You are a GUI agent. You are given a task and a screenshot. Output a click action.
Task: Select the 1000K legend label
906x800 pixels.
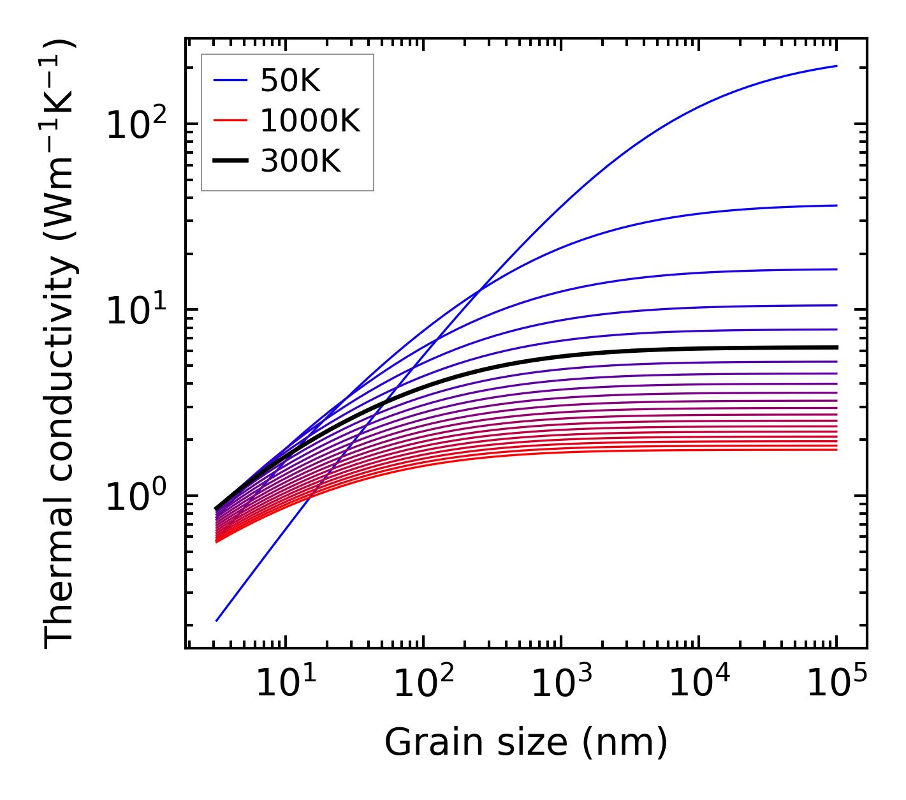tap(310, 121)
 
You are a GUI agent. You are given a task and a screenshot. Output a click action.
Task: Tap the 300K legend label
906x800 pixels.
tap(300, 161)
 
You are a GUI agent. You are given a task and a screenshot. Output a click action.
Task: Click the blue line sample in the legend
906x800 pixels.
tap(230, 80)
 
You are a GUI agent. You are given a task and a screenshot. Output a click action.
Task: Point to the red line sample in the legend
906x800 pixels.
tap(230, 121)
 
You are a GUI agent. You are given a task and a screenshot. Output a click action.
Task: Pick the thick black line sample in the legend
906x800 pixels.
tap(230, 161)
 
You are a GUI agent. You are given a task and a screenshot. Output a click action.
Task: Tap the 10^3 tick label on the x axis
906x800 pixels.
tap(560, 684)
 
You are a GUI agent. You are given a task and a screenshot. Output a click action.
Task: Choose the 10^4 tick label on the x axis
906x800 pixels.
tap(698, 684)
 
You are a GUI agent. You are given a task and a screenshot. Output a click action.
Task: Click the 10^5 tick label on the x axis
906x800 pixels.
tap(836, 684)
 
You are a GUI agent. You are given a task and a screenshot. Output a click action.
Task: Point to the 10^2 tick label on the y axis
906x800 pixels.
tap(135, 124)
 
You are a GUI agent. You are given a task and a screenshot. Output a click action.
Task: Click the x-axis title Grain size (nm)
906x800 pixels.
tap(526, 742)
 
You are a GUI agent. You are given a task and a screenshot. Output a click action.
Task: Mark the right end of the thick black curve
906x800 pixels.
tap(836, 347)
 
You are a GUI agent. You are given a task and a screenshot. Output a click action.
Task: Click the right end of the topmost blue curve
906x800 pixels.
tap(836, 66)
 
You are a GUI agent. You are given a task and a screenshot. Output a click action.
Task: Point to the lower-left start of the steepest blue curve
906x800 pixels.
tap(217, 620)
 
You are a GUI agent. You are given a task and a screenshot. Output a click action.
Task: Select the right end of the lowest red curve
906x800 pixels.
tap(836, 450)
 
